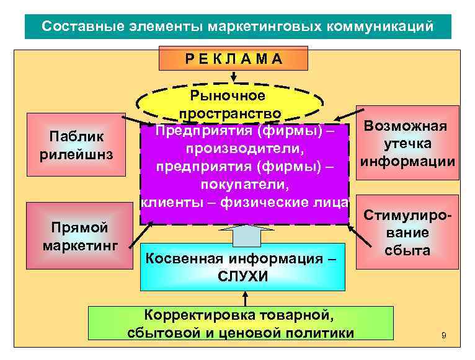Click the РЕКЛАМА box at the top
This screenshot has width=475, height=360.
tap(233, 59)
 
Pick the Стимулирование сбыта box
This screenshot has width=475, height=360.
tap(407, 232)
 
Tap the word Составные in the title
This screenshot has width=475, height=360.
tap(77, 27)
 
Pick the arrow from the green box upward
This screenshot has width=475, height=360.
tap(242, 298)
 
